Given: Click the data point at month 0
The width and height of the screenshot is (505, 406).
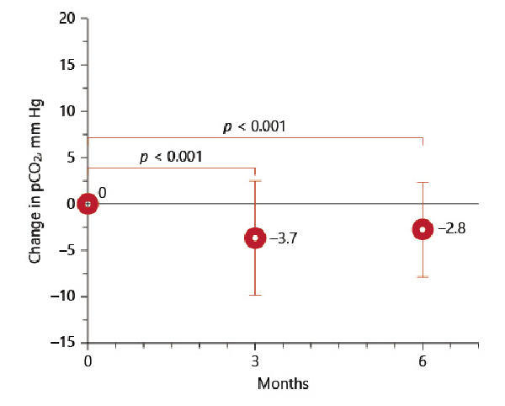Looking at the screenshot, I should point(88,204).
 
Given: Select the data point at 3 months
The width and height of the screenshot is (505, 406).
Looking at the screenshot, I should point(255,238).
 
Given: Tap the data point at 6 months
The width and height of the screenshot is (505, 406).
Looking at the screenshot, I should point(423,229).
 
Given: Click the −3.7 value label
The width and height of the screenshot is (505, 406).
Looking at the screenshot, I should point(284,238).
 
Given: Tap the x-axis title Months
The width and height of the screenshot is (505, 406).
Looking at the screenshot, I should point(283,384).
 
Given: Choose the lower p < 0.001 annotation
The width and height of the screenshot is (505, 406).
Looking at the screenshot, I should point(171,157).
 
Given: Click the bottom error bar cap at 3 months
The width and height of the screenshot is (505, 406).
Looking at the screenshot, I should point(255,295).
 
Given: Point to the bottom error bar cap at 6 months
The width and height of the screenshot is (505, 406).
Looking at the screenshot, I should point(423,276).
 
